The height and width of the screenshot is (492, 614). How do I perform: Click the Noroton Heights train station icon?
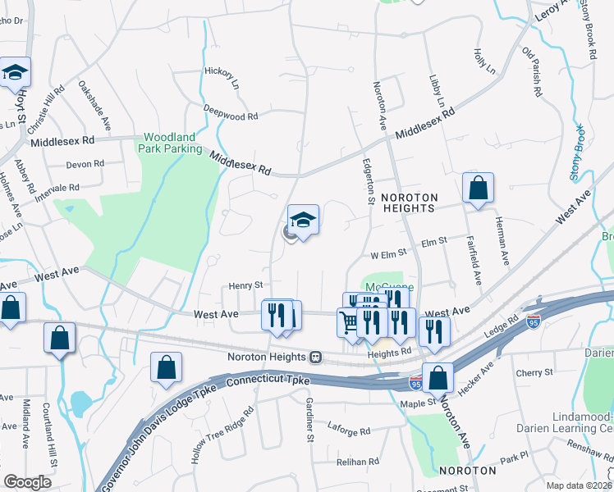[x=315, y=358]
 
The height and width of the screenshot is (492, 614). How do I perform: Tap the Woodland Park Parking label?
[x=172, y=143]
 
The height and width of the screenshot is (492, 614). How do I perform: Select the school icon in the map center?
[x=303, y=220]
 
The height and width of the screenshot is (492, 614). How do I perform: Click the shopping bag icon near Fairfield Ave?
[x=478, y=189]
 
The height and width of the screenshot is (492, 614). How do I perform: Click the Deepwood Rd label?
[x=231, y=116]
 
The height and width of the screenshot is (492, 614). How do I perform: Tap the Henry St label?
[x=245, y=285]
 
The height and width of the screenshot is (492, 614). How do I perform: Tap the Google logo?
[x=27, y=482]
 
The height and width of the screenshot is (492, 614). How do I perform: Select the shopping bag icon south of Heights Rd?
[x=439, y=378]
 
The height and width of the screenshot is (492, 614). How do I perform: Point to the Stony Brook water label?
[x=578, y=153]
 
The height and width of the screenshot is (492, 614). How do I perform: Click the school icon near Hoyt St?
[x=15, y=73]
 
